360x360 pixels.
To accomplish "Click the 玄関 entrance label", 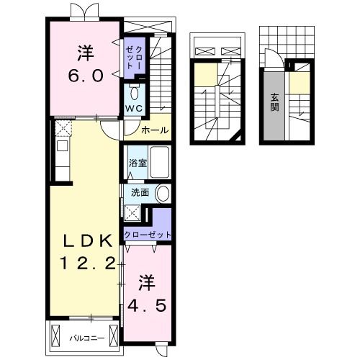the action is [274, 102].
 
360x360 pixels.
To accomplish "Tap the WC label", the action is [134, 109].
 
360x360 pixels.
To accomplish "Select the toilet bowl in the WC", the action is [134, 92].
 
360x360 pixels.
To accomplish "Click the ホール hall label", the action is [155, 130].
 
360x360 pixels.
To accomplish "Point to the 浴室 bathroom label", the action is [138, 163].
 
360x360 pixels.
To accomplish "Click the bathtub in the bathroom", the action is [159, 162].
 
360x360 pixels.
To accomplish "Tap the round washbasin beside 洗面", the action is [163, 194].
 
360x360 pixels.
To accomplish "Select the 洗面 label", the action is [140, 192].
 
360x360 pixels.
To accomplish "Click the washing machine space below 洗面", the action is [132, 213].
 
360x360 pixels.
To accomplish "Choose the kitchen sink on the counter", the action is [62, 145].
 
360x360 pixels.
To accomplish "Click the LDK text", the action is [88, 240].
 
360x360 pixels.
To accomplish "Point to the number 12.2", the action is [88, 263].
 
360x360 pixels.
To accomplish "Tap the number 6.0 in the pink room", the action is [86, 75].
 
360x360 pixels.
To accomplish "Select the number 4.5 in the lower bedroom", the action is [147, 305].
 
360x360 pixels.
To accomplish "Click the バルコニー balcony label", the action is [87, 338].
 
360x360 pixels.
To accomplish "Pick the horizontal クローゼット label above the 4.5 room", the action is [148, 235].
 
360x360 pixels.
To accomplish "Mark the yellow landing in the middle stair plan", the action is [206, 73].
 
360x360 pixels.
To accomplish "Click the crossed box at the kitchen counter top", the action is [63, 129].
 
